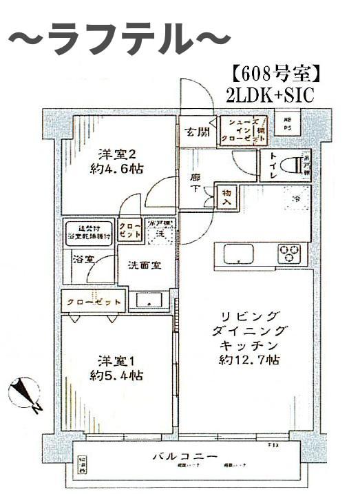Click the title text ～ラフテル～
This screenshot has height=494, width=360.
click(118, 39)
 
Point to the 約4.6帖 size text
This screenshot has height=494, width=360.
click(114, 168)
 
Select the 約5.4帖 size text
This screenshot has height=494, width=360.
click(114, 376)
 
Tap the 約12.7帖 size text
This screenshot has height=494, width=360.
click(248, 360)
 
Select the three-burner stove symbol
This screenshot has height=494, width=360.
click(288, 252)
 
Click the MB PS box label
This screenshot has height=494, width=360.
click(287, 124)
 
